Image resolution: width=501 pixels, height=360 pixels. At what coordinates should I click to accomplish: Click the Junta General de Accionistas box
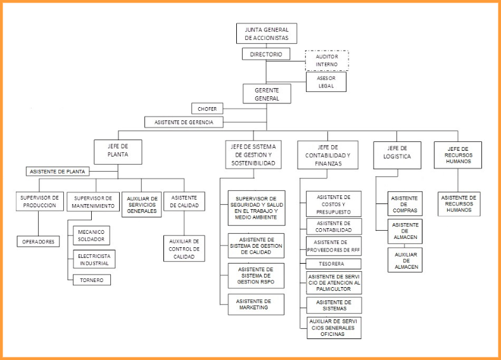coord(266,34)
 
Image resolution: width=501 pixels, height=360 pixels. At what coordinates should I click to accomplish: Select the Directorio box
coord(266,55)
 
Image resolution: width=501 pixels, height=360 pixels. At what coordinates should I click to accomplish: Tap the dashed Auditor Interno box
coord(327,61)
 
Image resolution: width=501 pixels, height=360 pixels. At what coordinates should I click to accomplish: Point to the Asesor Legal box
coord(326,82)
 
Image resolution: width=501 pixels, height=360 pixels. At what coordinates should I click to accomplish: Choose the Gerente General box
coord(266,94)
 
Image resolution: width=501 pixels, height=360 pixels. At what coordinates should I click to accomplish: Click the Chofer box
coord(206,108)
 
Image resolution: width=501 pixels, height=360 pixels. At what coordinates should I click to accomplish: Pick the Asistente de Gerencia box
coord(184,122)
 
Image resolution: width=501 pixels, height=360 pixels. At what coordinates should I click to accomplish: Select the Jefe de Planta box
coord(118,152)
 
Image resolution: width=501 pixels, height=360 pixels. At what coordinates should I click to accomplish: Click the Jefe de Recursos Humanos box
coord(457,155)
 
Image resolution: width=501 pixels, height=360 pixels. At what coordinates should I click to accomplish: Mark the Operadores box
coord(38,241)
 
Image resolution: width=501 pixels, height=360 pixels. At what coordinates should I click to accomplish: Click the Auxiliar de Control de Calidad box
coord(184,249)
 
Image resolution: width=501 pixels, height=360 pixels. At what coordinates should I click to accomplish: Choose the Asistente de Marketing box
coord(257,304)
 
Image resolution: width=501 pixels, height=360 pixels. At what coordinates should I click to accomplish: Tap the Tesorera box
coord(334,264)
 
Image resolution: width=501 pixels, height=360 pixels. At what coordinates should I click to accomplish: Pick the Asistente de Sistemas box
coord(334,305)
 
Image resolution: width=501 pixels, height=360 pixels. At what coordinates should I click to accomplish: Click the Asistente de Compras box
coord(405,205)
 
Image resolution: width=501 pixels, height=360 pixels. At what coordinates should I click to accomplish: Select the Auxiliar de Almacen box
coord(405,260)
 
